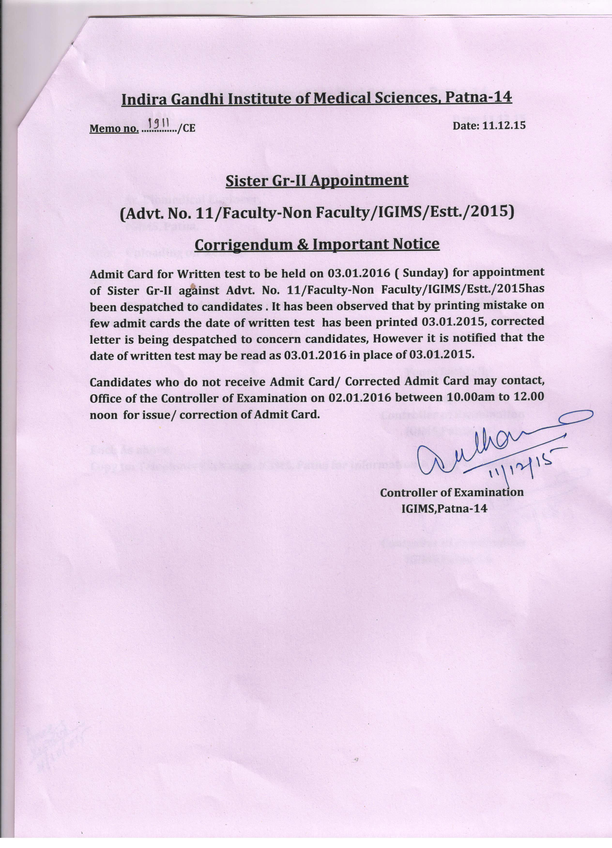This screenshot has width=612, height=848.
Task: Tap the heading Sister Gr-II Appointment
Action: [x=317, y=181]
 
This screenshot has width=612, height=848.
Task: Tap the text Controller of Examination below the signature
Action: [x=452, y=492]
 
